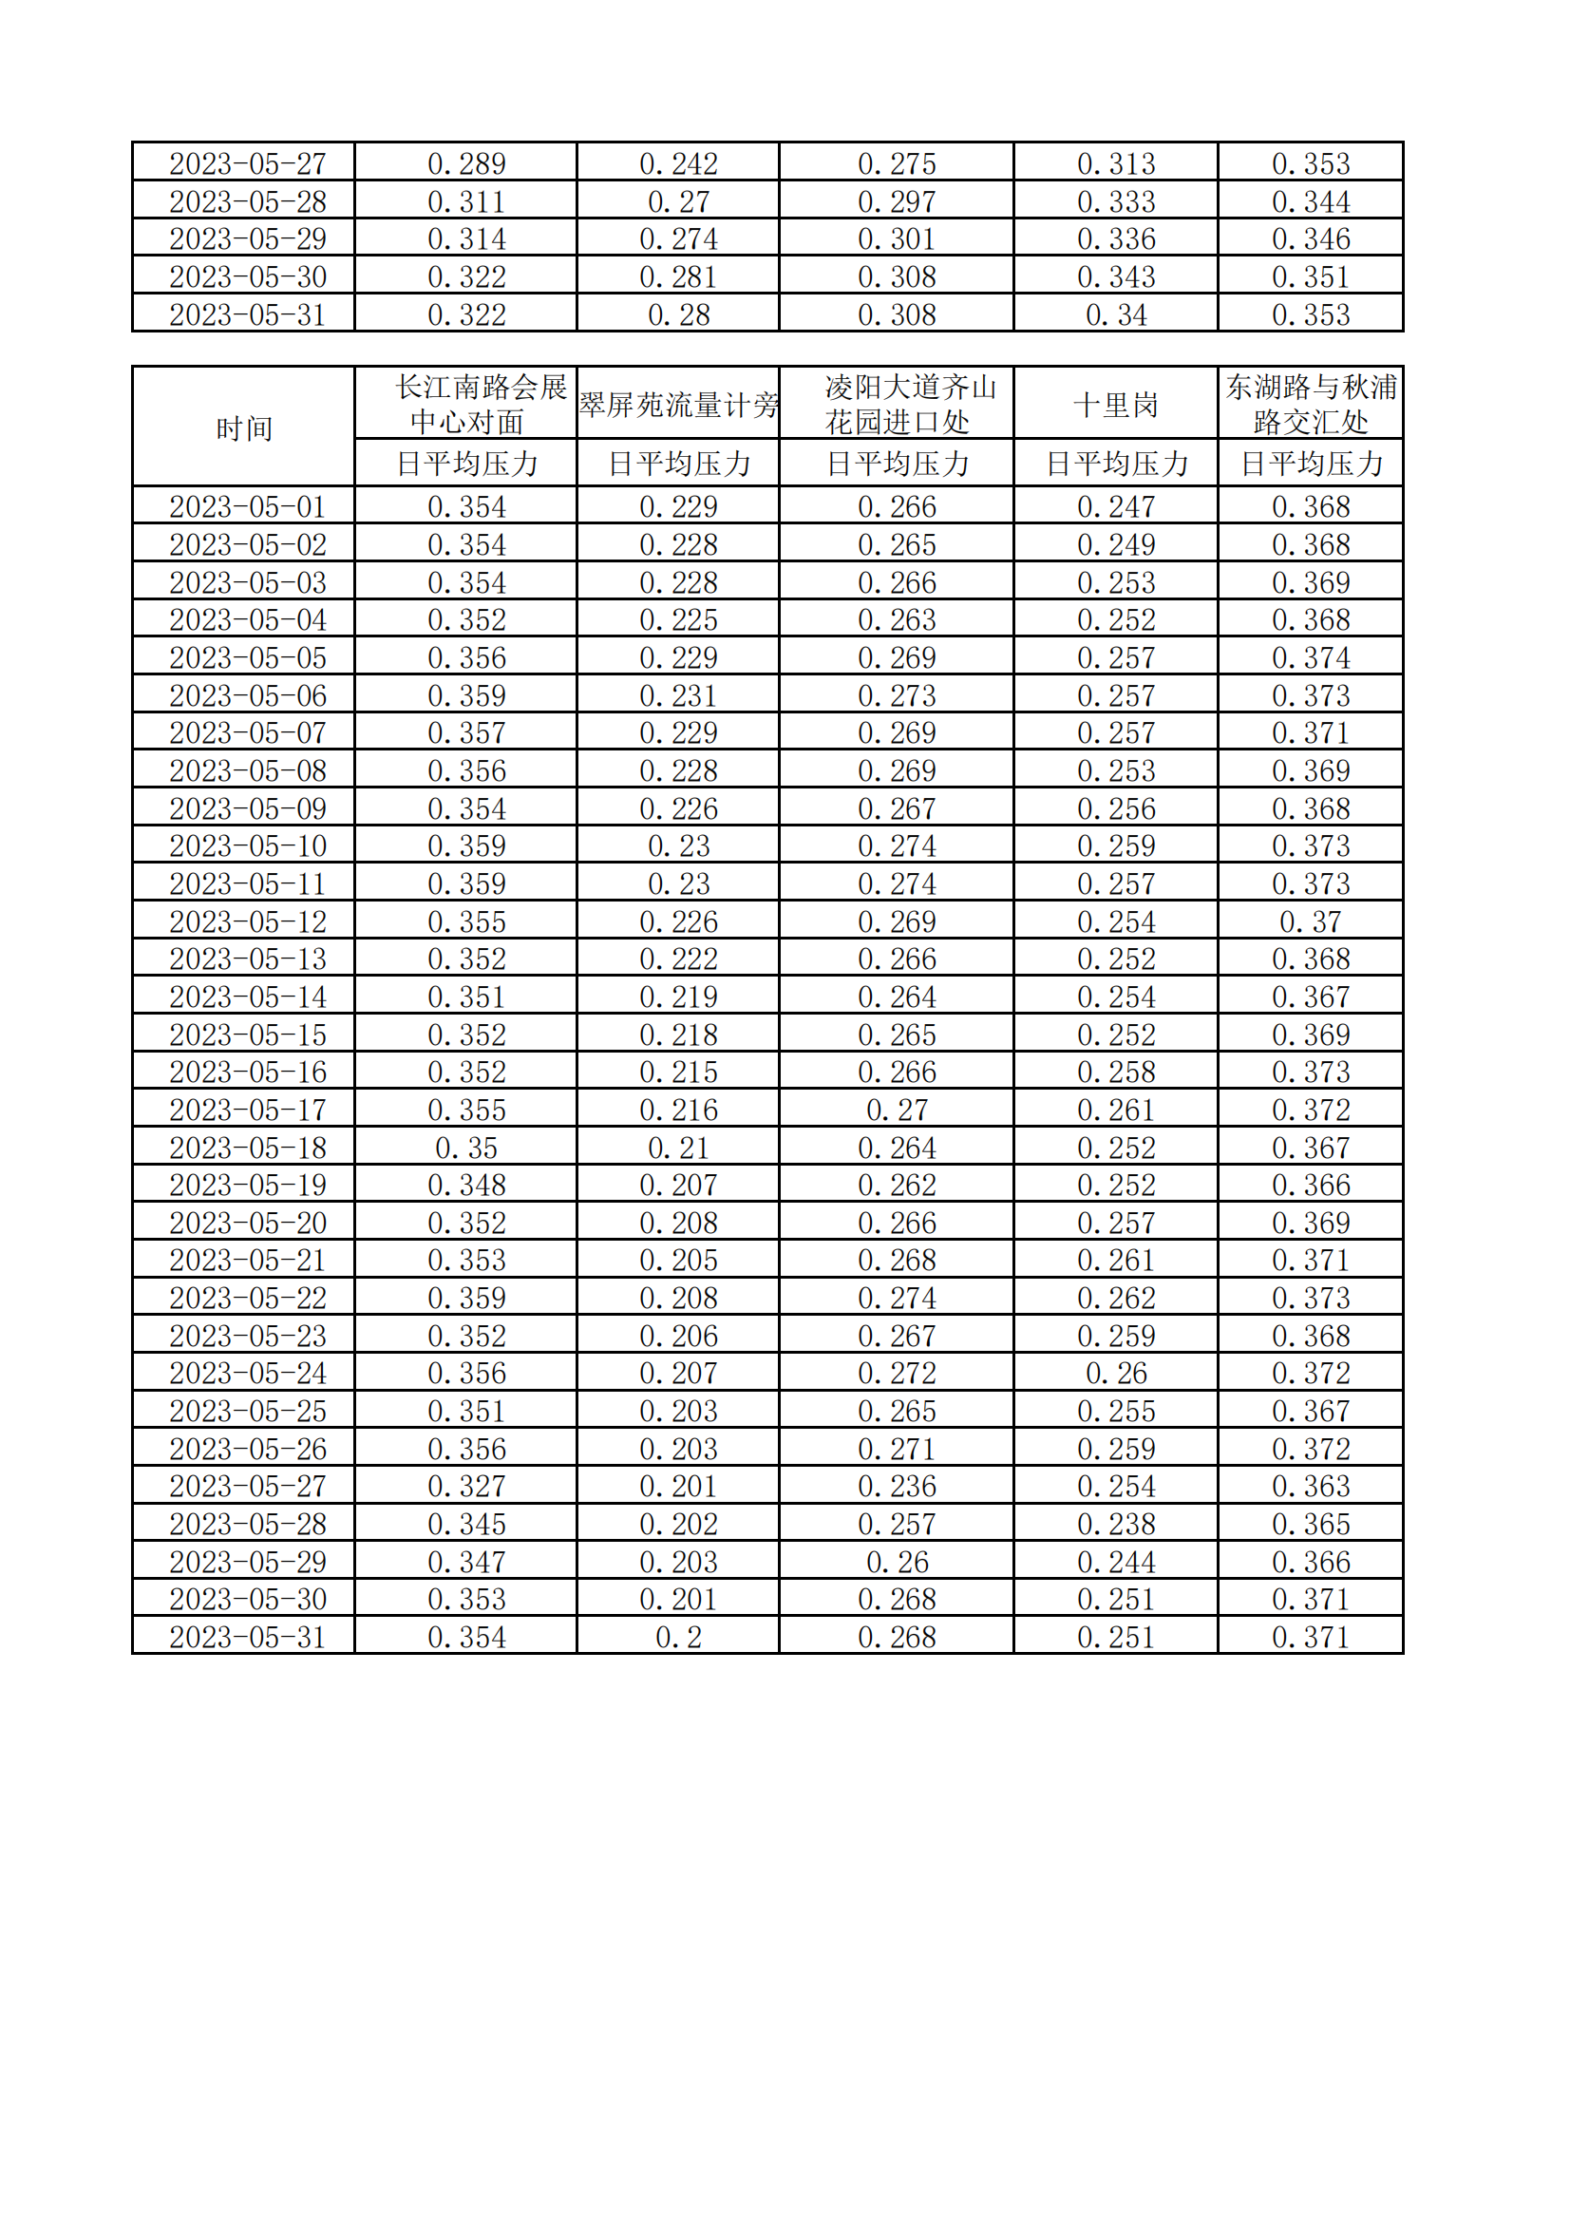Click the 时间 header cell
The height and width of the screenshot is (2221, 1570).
pyautogui.click(x=244, y=427)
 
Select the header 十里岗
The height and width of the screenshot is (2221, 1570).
pyautogui.click(x=1115, y=405)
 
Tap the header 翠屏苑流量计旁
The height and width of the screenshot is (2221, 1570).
pyautogui.click(x=678, y=405)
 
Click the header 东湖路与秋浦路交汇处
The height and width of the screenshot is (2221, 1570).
pyautogui.click(x=1311, y=405)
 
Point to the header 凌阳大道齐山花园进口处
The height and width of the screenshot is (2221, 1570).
pyautogui.click(x=897, y=405)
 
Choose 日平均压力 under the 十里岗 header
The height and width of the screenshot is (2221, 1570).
pyautogui.click(x=1115, y=464)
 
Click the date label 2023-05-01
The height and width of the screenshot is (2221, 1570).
pyautogui.click(x=248, y=507)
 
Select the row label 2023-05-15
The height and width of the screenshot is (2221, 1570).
pyautogui.click(x=248, y=1035)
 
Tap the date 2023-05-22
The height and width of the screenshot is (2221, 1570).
pyautogui.click(x=248, y=1299)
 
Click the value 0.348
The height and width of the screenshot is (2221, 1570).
pyautogui.click(x=466, y=1185)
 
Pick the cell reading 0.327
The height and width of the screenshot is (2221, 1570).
pyautogui.click(x=466, y=1486)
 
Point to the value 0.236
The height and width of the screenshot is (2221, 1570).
pyautogui.click(x=897, y=1486)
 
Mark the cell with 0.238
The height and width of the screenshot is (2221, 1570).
pyautogui.click(x=1115, y=1524)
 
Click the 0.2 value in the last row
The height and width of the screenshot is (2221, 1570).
pyautogui.click(x=678, y=1637)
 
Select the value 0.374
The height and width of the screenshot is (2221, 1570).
pyautogui.click(x=1311, y=657)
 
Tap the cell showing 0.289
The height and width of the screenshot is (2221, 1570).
pyautogui.click(x=466, y=163)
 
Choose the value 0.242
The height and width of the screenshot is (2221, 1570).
pyautogui.click(x=678, y=163)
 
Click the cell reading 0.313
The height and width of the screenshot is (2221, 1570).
pyautogui.click(x=1115, y=163)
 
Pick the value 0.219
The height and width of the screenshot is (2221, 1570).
pyautogui.click(x=678, y=997)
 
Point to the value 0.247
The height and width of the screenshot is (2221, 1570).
pyautogui.click(x=1115, y=507)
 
